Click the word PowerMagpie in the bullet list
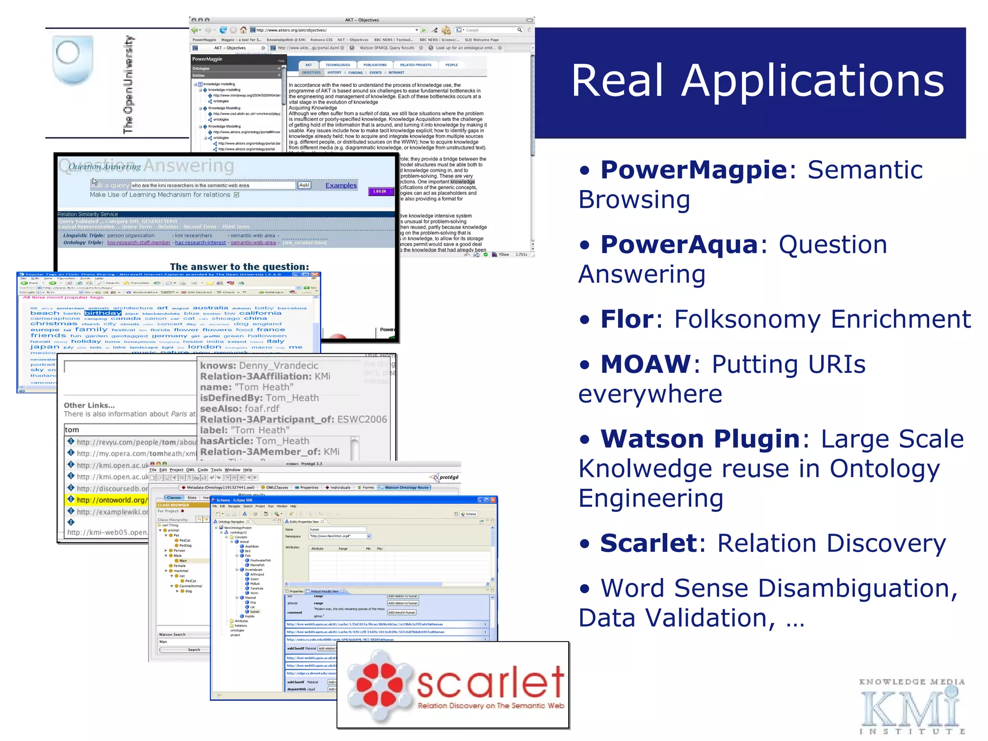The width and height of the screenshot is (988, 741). point(693,170)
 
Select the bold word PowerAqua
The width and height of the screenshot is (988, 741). point(679,245)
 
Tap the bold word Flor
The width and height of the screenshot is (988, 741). point(626,319)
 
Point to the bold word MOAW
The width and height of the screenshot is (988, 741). point(645,364)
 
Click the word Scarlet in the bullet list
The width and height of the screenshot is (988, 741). point(648,543)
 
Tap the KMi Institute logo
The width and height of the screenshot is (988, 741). point(911,707)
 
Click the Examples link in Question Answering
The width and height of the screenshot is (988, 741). point(341,185)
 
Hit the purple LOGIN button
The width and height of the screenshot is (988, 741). point(380,192)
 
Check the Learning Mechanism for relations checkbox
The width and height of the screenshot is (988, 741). point(236,195)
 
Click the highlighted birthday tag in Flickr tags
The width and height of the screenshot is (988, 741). point(103,313)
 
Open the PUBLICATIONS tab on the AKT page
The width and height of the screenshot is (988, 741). point(375,65)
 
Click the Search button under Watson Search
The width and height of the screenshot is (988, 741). point(193,650)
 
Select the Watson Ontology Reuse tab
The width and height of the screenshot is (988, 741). point(406,487)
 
